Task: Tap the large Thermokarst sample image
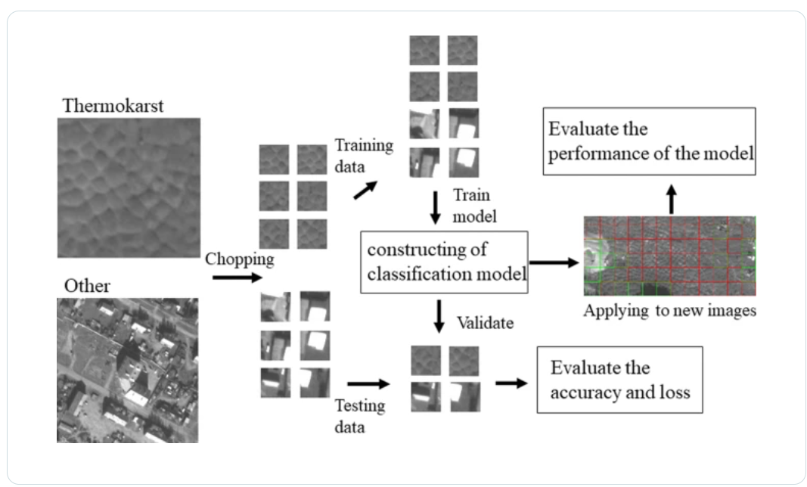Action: point(129,188)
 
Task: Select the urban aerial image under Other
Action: point(127,370)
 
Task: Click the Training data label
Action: point(365,154)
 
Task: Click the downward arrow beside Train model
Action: point(435,207)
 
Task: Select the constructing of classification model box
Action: point(443,261)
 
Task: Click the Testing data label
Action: point(359,416)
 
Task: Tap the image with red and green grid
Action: point(669,256)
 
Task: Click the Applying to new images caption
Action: point(669,312)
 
